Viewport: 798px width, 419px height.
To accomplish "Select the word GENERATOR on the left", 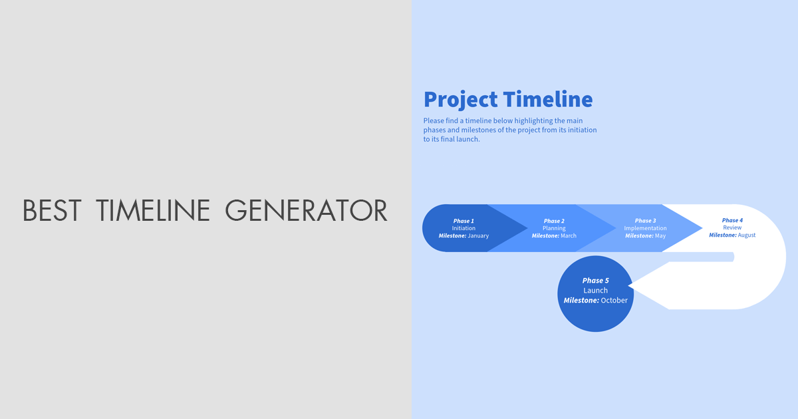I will click(x=306, y=210).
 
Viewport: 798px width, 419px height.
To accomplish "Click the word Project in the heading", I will click(x=460, y=100).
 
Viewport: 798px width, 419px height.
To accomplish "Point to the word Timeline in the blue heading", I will click(x=547, y=100).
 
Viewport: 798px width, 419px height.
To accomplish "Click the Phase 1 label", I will click(x=464, y=221).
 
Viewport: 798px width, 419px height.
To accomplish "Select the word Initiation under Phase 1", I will click(x=464, y=228).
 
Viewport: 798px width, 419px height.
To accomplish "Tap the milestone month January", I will click(x=478, y=236).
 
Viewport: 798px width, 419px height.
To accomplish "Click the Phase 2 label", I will click(x=554, y=221).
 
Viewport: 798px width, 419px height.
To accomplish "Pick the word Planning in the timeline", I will click(x=554, y=228).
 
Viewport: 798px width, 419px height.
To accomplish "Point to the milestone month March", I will click(x=568, y=236).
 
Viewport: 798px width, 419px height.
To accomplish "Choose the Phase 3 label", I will click(x=645, y=221).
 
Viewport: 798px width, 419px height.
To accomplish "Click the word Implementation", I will click(x=645, y=228).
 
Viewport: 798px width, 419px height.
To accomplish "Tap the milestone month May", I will click(x=660, y=236).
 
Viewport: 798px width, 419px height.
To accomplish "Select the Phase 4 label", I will click(x=732, y=220).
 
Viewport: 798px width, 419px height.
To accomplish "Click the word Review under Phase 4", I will click(x=732, y=227).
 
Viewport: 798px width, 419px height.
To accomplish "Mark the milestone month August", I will click(x=746, y=235).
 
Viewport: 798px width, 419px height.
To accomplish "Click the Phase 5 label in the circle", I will click(x=595, y=281).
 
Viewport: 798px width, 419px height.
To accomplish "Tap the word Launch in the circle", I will click(x=595, y=291).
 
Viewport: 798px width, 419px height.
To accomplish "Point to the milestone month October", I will click(x=614, y=301).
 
